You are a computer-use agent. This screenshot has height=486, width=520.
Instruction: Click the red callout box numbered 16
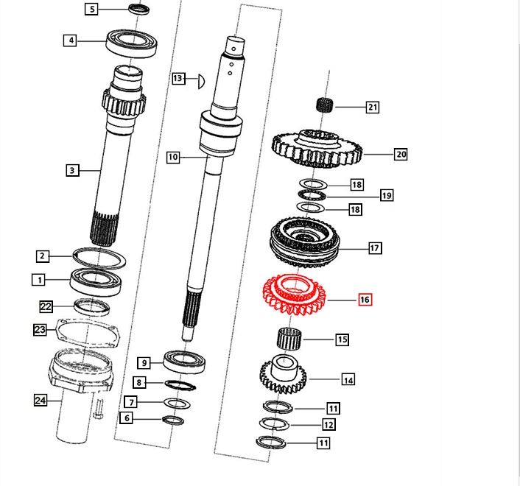[x=365, y=300]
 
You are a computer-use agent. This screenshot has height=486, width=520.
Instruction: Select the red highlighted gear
[x=294, y=295]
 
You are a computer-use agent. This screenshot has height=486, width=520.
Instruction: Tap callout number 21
[x=373, y=107]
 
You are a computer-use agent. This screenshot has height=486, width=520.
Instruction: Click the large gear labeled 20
[x=317, y=149]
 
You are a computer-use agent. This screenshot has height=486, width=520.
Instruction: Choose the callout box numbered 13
[x=178, y=78]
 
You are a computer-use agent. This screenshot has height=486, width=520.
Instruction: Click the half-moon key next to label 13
[x=201, y=82]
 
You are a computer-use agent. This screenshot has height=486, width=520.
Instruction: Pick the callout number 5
[x=92, y=9]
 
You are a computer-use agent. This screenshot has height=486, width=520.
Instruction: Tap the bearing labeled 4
[x=131, y=43]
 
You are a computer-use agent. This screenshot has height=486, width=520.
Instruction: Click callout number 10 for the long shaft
[x=173, y=157]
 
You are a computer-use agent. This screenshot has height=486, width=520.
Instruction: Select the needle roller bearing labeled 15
[x=289, y=339]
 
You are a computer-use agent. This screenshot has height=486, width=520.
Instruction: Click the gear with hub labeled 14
[x=283, y=374]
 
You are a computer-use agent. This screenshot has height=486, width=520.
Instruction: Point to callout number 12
[x=328, y=424]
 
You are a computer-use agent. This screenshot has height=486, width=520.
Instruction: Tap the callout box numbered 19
[x=387, y=195]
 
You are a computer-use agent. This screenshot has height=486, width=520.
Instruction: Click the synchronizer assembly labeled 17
[x=304, y=243]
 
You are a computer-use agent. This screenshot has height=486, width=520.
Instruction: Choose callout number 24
[x=41, y=401]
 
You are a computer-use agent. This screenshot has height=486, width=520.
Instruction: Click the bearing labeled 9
[x=184, y=362]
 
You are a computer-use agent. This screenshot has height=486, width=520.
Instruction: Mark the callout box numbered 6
[x=127, y=418]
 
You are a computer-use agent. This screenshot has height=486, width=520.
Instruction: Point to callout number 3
[x=72, y=170]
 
